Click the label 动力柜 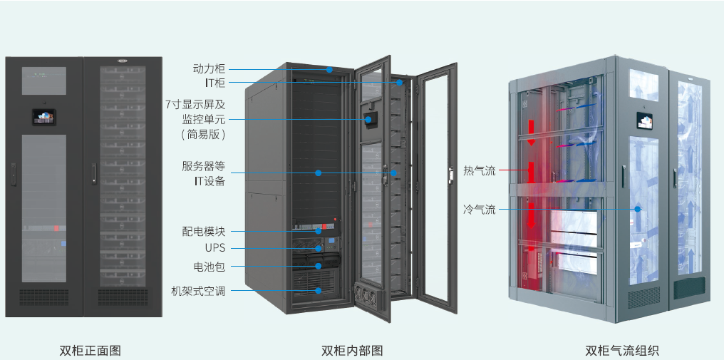tap(209, 69)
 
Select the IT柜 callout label tap(214, 83)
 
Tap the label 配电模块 tap(204, 232)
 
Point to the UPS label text tap(214, 248)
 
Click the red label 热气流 tap(479, 170)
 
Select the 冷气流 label tap(479, 210)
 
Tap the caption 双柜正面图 tap(90, 350)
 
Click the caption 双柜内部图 tap(352, 350)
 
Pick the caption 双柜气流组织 tap(622, 350)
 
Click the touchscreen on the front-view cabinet tap(43, 116)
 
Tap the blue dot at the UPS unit tap(319, 249)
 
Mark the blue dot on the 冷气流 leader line tap(639, 210)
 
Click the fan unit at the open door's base tap(367, 297)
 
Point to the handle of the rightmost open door tap(450, 174)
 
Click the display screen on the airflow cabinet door tap(647, 121)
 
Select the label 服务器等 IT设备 tap(203, 173)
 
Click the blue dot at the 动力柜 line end tap(330, 70)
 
